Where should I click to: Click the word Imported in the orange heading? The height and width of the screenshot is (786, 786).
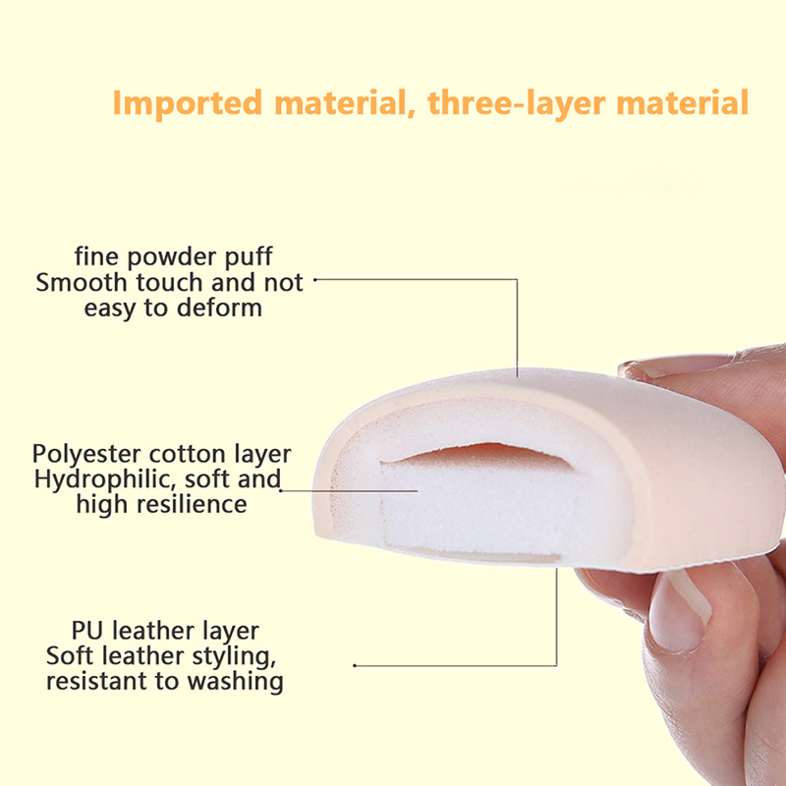click(188, 102)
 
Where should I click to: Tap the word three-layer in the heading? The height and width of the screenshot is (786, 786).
click(516, 104)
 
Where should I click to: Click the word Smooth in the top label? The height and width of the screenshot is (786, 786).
click(82, 282)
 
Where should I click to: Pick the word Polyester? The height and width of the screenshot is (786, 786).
click(87, 454)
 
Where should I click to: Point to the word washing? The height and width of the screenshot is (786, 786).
click(235, 681)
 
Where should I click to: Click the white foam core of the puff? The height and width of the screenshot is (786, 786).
click(477, 506)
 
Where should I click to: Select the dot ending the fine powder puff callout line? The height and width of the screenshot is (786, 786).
click(314, 280)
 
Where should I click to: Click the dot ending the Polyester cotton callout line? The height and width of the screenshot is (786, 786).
click(281, 490)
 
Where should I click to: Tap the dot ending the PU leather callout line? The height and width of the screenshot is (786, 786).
click(355, 666)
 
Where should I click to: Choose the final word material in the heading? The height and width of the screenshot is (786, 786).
click(682, 102)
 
